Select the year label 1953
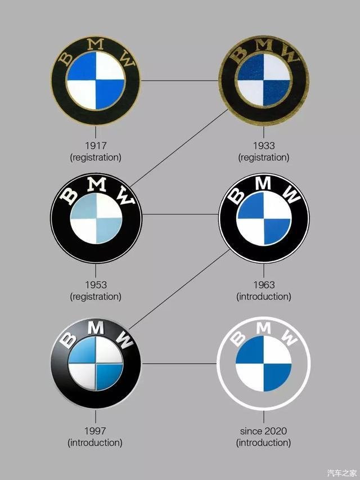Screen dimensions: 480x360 (x=95, y=285)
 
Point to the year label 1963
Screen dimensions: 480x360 (x=264, y=285)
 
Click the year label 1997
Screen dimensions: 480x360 (x=95, y=432)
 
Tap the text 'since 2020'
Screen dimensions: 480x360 (x=264, y=432)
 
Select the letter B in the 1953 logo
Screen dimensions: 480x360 (x=69, y=195)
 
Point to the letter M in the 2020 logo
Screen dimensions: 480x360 (x=264, y=326)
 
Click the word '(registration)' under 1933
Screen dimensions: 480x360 (x=264, y=158)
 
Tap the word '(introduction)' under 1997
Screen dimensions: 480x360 (x=95, y=443)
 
